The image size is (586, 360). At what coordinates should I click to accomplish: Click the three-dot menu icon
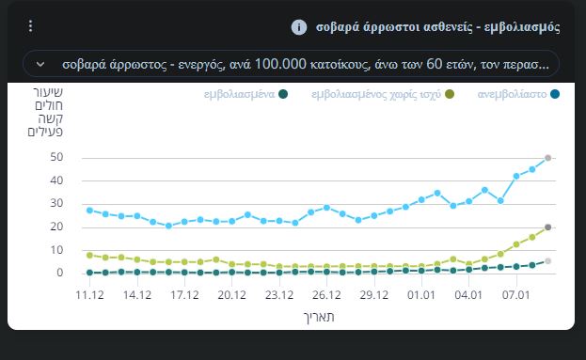pyautogui.click(x=30, y=26)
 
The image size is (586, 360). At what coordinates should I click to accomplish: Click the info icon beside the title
pyautogui.click(x=299, y=26)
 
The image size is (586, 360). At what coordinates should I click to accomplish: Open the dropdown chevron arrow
pyautogui.click(x=40, y=64)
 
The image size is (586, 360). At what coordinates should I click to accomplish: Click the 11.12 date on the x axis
pyautogui.click(x=89, y=294)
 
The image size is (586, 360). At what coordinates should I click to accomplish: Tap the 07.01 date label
pyautogui.click(x=516, y=294)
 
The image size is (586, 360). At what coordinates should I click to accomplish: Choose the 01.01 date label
pyautogui.click(x=421, y=294)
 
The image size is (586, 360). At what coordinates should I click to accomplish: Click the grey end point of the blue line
pyautogui.click(x=548, y=158)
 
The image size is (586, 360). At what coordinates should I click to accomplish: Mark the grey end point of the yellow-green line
pyautogui.click(x=548, y=227)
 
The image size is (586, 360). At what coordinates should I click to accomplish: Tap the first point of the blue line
pyautogui.click(x=89, y=210)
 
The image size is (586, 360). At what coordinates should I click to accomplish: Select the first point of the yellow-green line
pyautogui.click(x=89, y=255)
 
